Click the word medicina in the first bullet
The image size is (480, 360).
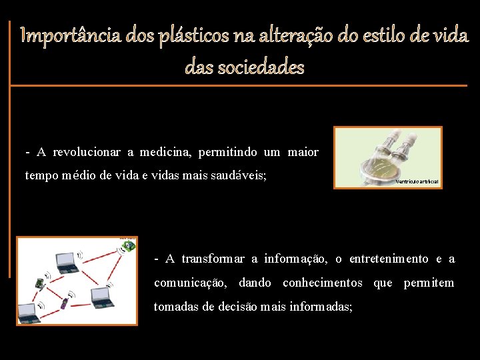click(165, 153)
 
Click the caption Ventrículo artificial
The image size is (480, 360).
click(417, 181)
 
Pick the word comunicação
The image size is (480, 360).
click(190, 283)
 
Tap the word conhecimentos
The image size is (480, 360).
click(323, 283)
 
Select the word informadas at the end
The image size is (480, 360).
click(316, 307)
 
